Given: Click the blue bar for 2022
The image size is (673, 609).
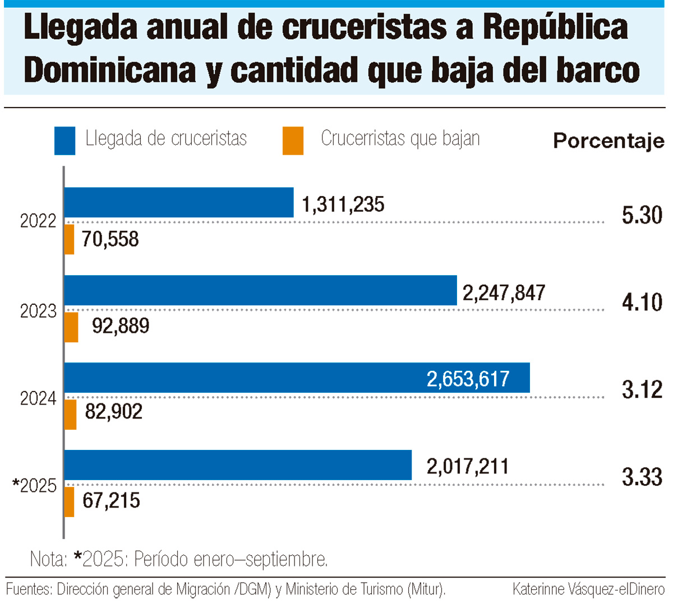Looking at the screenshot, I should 179,202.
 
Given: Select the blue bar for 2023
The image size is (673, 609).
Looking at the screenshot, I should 260,290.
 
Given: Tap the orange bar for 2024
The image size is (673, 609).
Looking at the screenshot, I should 70,415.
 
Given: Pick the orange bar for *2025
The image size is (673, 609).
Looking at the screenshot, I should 69,502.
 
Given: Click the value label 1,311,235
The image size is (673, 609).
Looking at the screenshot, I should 343,204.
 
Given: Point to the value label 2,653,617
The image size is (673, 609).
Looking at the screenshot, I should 468,379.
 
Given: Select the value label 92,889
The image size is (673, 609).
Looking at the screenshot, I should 121,326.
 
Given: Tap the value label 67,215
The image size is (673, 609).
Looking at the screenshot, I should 111,500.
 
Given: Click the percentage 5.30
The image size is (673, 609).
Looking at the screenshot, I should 642,215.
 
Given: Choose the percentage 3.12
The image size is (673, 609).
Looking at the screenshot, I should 642,390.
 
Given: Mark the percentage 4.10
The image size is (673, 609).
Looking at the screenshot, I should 642,303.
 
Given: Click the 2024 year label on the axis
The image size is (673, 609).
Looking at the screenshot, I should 38,398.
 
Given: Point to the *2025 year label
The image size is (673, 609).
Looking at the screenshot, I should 35,485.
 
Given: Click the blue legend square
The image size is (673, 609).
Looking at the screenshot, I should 64,141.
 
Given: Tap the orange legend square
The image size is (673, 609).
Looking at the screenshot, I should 293,141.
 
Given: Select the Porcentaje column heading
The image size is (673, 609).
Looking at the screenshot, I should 609,141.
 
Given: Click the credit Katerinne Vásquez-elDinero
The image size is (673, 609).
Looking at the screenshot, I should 588,589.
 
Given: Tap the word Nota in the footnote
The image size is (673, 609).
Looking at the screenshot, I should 48,559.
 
